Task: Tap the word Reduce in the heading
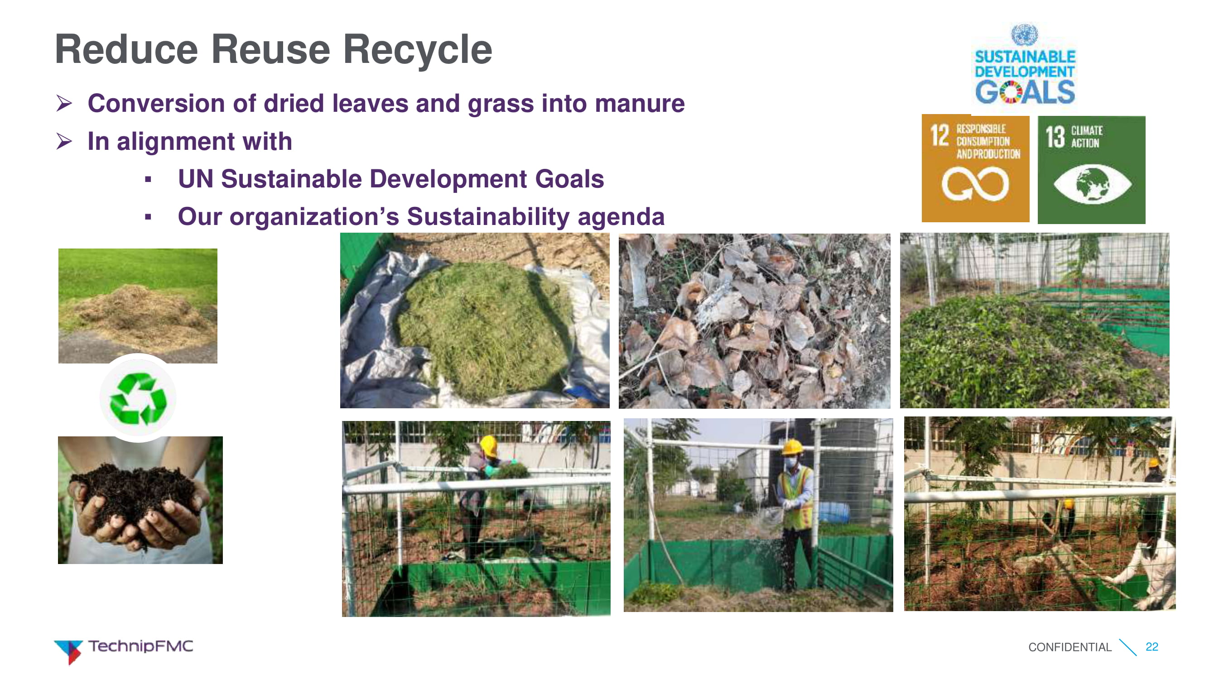(x=126, y=49)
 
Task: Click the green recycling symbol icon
(x=138, y=398)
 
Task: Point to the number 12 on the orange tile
(x=939, y=136)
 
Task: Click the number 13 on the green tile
(x=1055, y=137)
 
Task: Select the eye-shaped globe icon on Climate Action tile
(x=1092, y=184)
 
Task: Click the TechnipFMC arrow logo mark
(x=69, y=652)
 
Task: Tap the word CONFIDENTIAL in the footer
(x=1069, y=647)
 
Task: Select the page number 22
(x=1151, y=646)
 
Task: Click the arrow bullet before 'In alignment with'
(x=64, y=141)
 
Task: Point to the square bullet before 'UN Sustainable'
(x=148, y=179)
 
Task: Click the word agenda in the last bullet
(x=621, y=218)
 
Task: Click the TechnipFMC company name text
(x=140, y=646)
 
